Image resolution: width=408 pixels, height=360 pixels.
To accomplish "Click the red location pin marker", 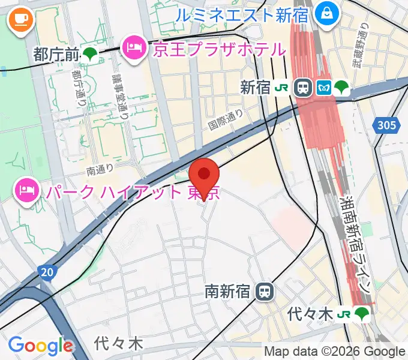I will [204, 175].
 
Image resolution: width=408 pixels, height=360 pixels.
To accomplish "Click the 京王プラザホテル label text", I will [218, 49].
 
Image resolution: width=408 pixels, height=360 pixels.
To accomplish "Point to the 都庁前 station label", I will [57, 54].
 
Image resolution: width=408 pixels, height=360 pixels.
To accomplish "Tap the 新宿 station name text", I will [255, 88].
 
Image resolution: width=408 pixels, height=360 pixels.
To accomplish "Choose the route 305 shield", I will [387, 125].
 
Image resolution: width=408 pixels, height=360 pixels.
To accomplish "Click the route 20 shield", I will [47, 273].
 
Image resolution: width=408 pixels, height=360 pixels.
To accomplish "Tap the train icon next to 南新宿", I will [264, 292].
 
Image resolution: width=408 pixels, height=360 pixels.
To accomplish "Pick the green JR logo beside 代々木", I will [343, 313].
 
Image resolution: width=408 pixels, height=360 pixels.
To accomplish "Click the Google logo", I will [41, 346].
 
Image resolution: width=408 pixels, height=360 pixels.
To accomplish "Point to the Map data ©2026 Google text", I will [335, 351].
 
